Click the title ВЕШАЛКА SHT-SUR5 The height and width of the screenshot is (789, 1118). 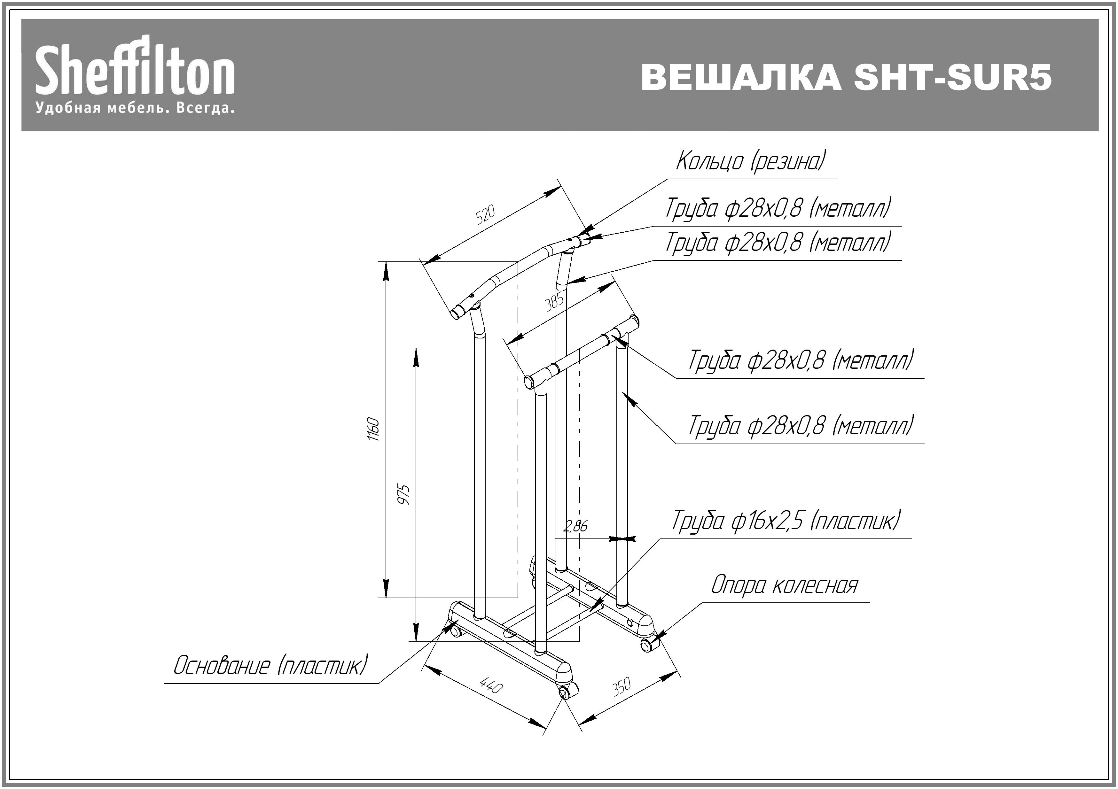[846, 77]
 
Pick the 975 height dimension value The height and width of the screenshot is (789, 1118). [404, 494]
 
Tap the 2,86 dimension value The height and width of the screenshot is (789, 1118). [575, 526]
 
